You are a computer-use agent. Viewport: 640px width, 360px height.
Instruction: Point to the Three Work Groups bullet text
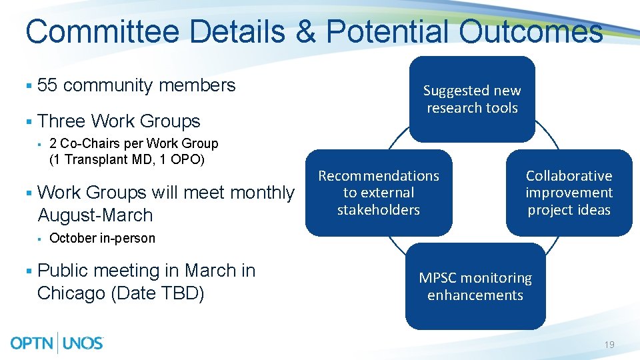pyautogui.click(x=119, y=121)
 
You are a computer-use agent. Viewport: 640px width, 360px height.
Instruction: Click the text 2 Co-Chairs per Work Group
pyautogui.click(x=133, y=143)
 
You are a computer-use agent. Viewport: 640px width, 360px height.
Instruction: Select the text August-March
pyautogui.click(x=95, y=215)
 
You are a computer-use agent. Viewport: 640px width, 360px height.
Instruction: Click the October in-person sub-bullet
pyautogui.click(x=102, y=238)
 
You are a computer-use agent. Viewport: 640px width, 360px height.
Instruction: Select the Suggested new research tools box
pyautogui.click(x=472, y=99)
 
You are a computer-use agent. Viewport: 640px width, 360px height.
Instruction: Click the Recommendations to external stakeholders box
pyautogui.click(x=379, y=193)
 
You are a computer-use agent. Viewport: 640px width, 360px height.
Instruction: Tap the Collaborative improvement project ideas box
pyautogui.click(x=569, y=193)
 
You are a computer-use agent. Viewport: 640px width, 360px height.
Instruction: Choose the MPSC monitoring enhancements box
pyautogui.click(x=475, y=287)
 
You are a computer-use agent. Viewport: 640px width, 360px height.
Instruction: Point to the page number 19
pyautogui.click(x=609, y=345)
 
